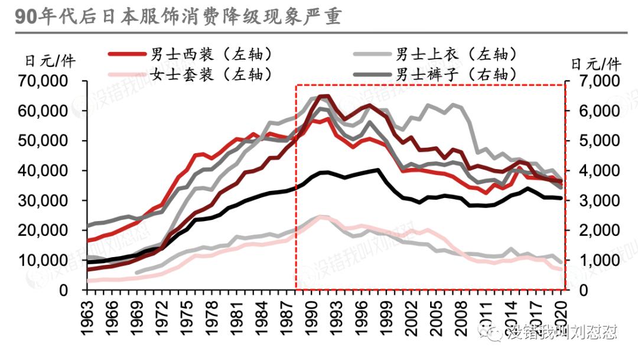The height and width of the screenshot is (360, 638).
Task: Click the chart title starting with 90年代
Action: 177,17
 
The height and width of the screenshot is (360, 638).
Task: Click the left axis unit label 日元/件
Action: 50,61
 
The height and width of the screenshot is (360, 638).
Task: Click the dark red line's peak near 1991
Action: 323,95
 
